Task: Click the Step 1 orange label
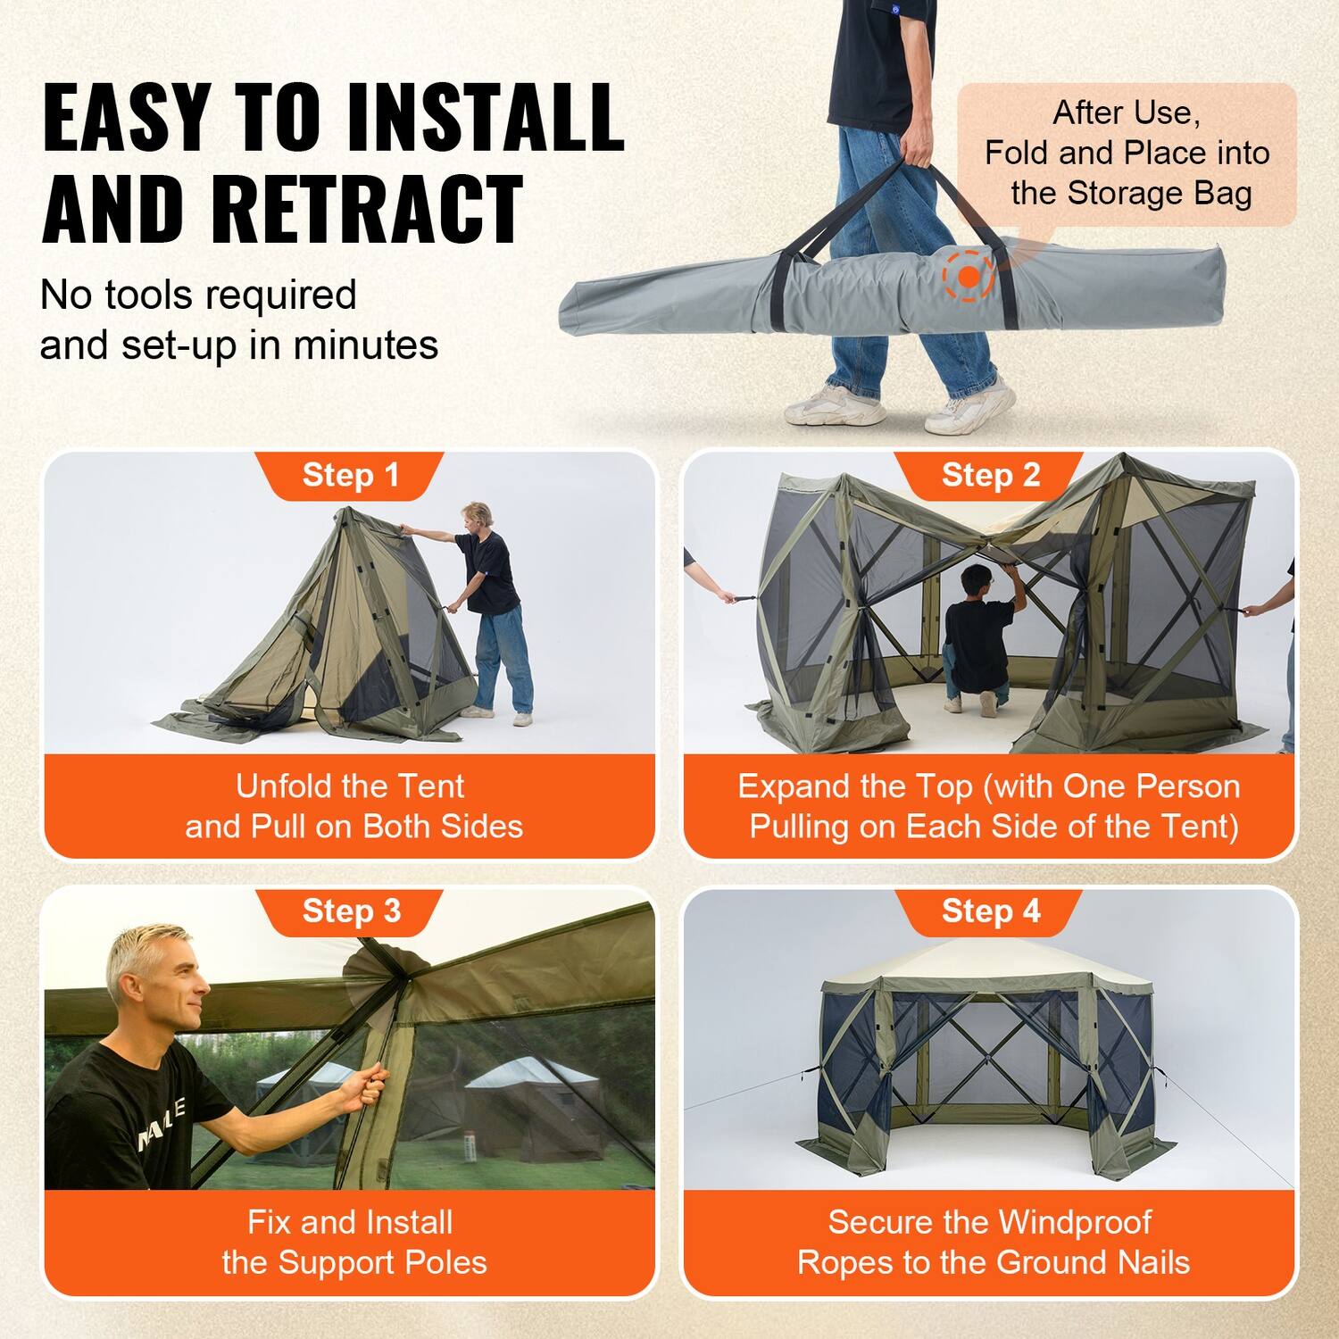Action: (x=350, y=475)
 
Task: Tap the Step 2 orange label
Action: (x=990, y=475)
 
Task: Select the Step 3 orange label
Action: (x=350, y=911)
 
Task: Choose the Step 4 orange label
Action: (x=990, y=911)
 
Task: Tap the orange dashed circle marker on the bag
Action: (x=969, y=277)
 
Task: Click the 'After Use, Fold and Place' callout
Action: (x=1127, y=154)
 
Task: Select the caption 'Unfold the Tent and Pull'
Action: (x=352, y=806)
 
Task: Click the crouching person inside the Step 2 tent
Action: (x=977, y=638)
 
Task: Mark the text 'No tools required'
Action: (x=198, y=295)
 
